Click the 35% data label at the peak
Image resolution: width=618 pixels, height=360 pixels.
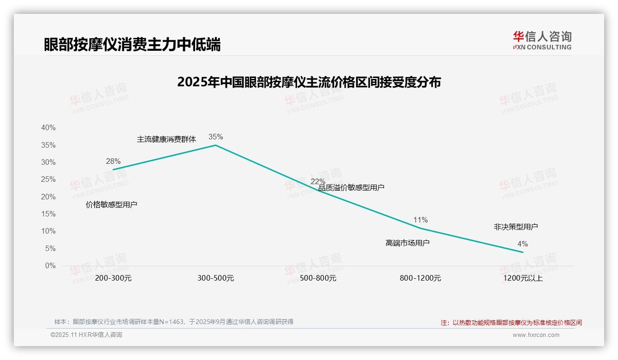click(x=215, y=137)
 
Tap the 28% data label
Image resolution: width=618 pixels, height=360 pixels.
click(x=113, y=161)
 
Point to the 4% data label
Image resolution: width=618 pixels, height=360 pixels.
click(x=522, y=244)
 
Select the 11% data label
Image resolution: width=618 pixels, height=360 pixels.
click(x=420, y=220)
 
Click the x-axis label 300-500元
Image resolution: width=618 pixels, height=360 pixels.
click(x=215, y=278)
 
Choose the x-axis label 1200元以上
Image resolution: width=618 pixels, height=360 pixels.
click(x=523, y=278)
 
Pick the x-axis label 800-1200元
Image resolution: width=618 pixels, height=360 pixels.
click(x=420, y=278)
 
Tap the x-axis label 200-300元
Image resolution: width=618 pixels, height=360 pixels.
click(x=113, y=278)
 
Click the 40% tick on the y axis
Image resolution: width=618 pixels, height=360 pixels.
click(x=48, y=128)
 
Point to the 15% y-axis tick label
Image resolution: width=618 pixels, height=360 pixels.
click(x=48, y=214)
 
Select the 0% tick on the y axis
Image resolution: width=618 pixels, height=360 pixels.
click(x=50, y=266)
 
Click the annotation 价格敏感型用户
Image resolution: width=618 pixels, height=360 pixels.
click(x=111, y=204)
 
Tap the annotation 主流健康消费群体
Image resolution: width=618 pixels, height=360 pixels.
click(x=166, y=139)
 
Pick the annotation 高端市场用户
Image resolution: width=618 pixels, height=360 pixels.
click(x=407, y=243)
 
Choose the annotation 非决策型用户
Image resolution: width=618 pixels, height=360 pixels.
click(x=516, y=227)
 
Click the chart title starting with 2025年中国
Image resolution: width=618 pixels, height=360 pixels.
click(x=309, y=82)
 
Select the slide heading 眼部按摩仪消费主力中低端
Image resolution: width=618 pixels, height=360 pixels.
click(x=132, y=44)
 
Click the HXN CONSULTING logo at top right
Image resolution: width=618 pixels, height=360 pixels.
click(x=542, y=41)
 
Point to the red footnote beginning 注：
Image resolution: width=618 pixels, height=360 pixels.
click(x=511, y=323)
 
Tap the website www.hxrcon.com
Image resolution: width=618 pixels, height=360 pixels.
click(x=535, y=335)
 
